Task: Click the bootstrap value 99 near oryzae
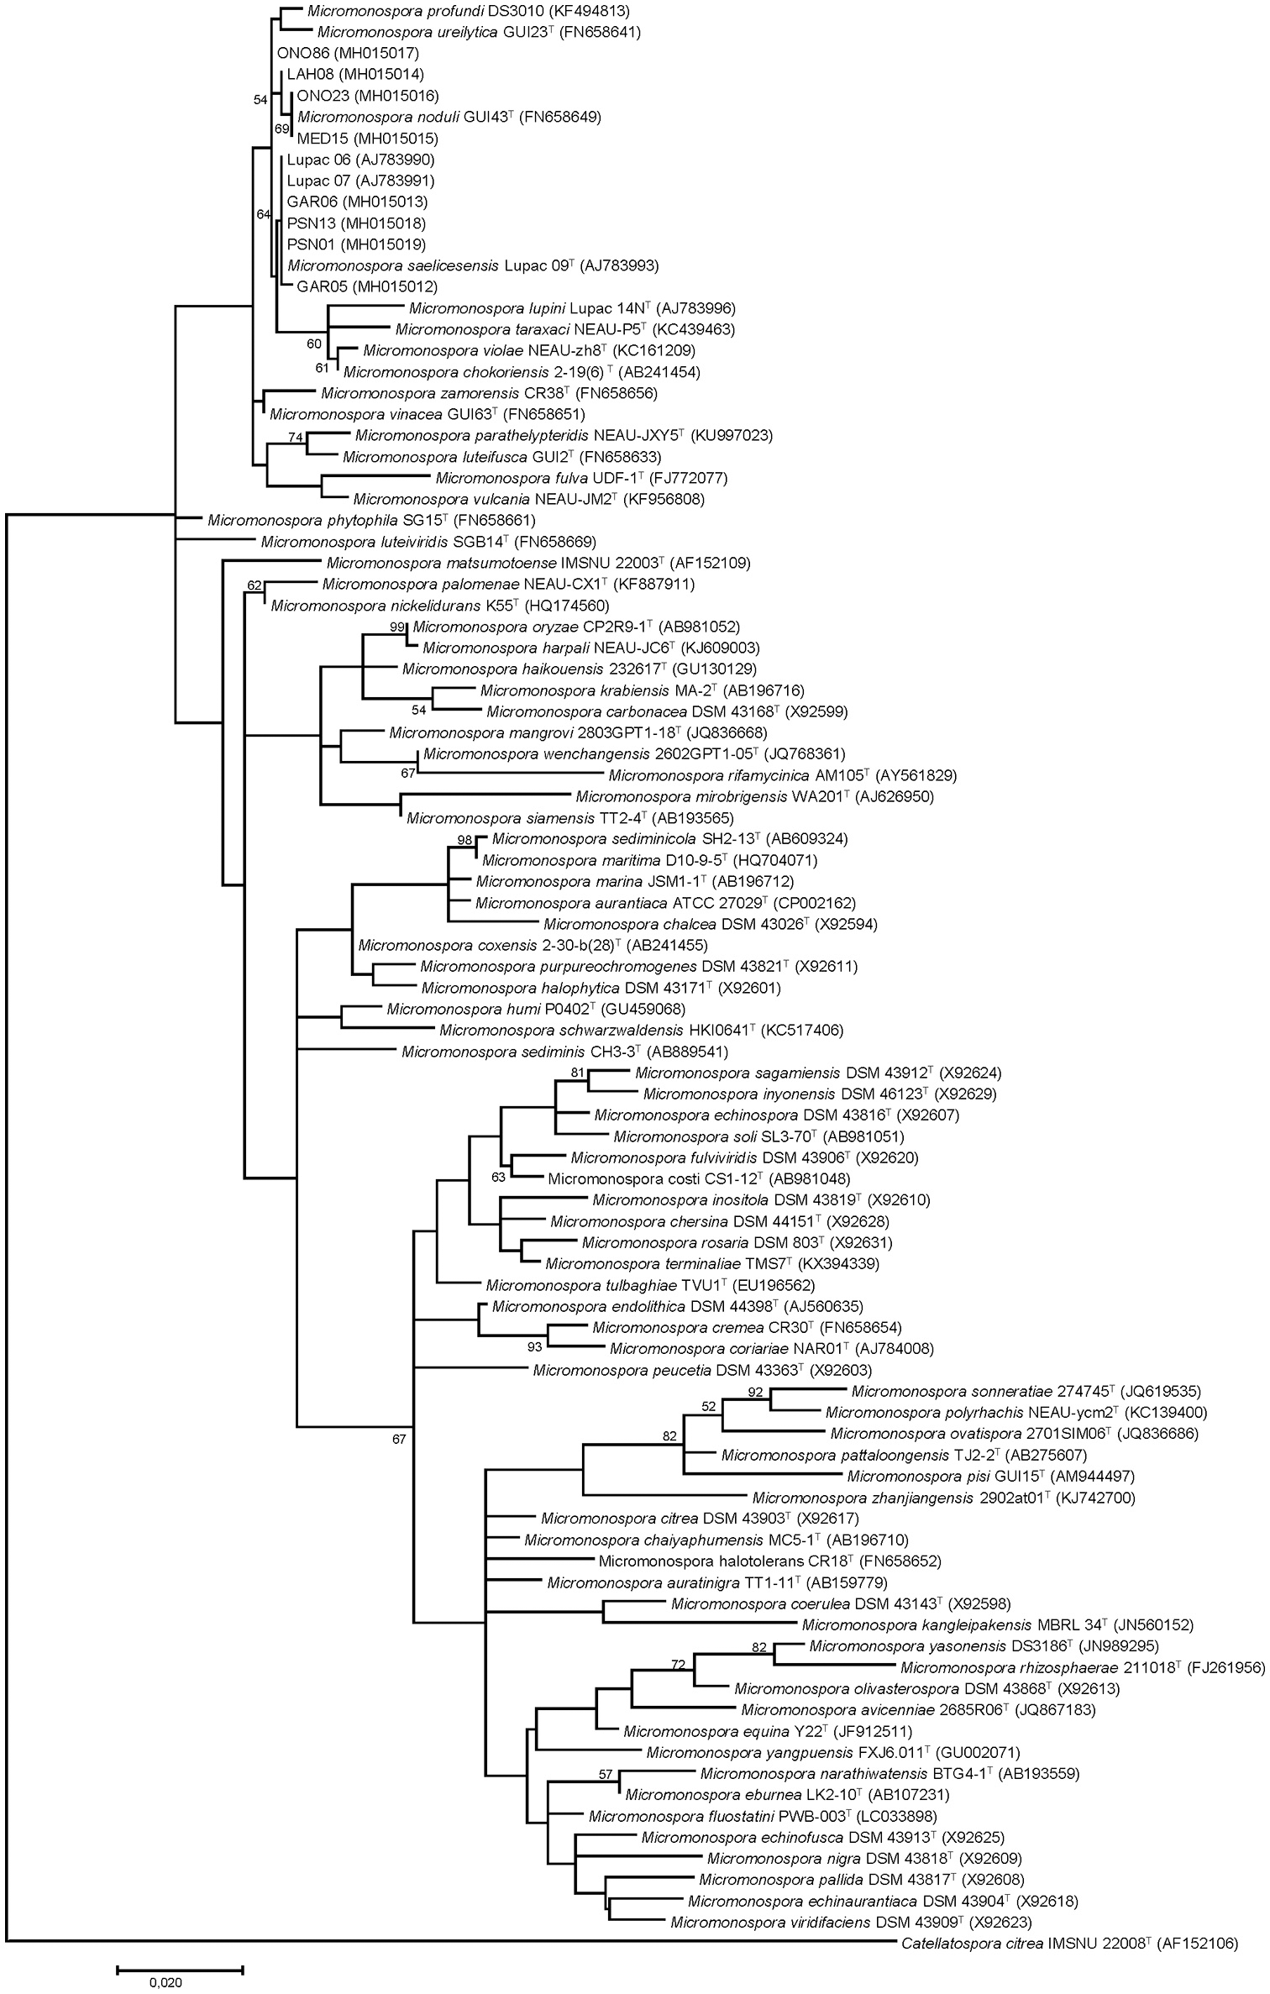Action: pyautogui.click(x=397, y=627)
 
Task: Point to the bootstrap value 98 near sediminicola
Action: pyautogui.click(x=465, y=839)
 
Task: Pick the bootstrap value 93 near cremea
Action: pyautogui.click(x=535, y=1348)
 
